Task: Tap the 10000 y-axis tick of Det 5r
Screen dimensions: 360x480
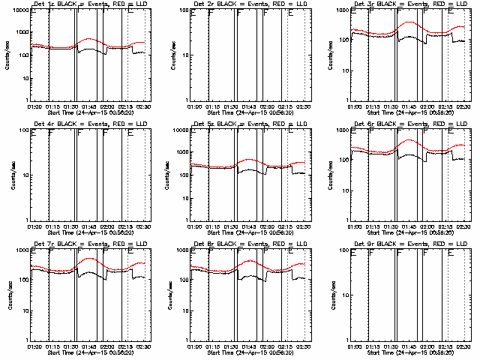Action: click(178, 132)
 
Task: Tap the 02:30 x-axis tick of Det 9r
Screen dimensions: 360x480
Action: click(463, 346)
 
